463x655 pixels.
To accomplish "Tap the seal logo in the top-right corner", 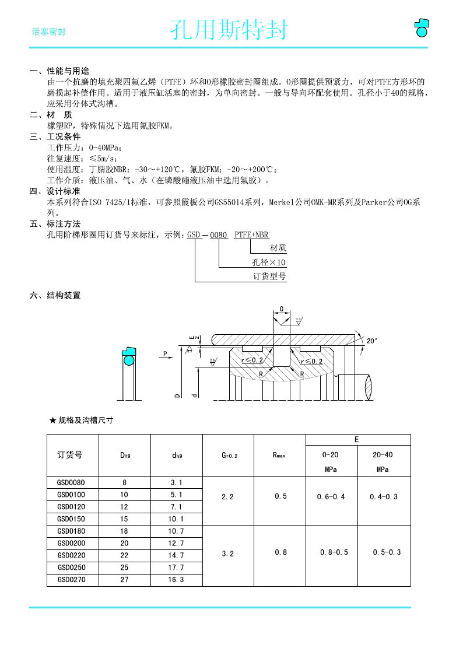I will point(421,27).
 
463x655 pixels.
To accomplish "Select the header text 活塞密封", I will point(48,31).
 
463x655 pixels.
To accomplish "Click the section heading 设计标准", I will point(64,191).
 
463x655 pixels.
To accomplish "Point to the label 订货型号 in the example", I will point(269,276).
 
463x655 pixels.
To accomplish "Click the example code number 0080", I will point(219,234).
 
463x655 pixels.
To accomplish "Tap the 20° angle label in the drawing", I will point(372,340).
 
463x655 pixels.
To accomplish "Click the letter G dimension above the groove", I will point(282,309).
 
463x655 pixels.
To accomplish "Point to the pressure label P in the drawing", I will point(165,353).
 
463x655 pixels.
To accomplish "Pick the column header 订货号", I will point(69,455).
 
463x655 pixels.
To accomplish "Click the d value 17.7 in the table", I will point(176,568).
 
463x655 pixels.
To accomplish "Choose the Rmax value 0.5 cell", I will point(280,496).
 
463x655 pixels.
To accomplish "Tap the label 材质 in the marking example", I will point(278,248).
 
